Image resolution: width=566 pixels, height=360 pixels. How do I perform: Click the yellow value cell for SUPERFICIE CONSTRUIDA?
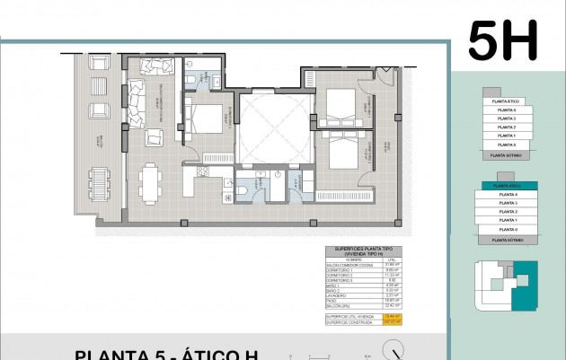(x=391, y=321)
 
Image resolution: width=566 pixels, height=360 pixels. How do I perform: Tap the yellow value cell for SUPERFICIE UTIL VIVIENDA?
(x=391, y=316)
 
